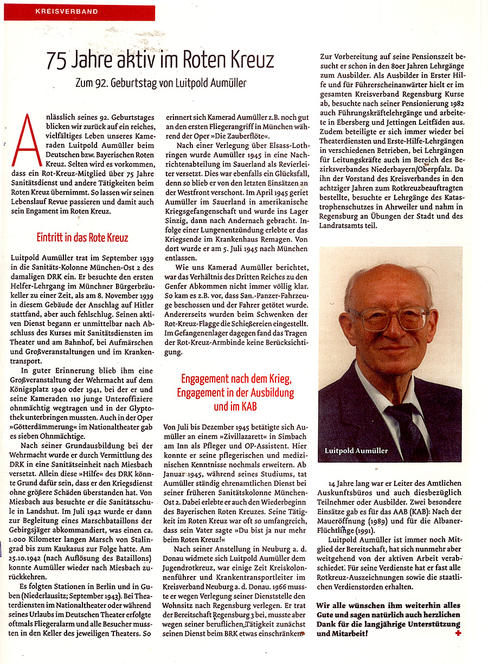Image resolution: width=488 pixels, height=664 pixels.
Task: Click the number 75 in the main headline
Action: [56, 60]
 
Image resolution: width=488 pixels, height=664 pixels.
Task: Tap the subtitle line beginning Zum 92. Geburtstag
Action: [161, 83]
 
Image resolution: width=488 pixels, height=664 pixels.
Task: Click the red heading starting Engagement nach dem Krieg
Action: [237, 378]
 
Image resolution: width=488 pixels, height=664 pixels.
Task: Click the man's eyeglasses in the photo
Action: [389, 318]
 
